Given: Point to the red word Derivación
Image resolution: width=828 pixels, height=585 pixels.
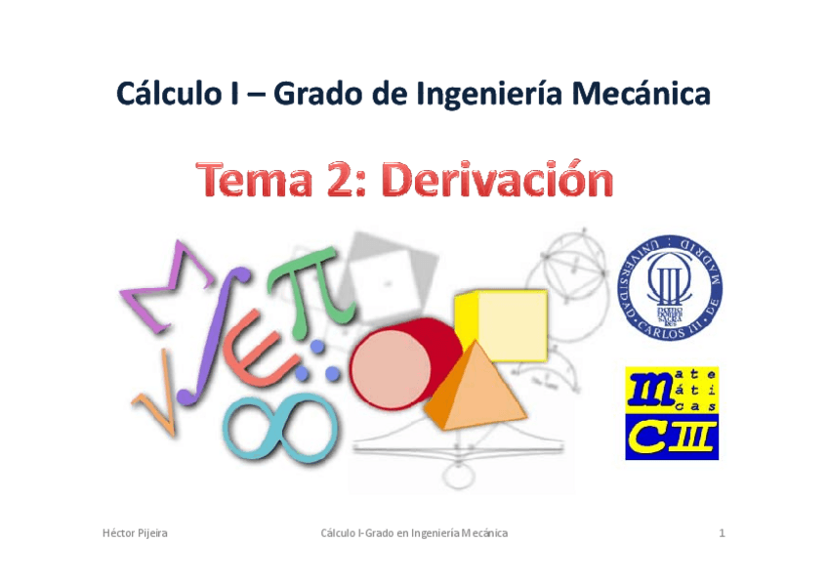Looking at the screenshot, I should [497, 182].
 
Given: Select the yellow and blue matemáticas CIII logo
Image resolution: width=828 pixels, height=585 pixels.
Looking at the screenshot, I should [672, 412].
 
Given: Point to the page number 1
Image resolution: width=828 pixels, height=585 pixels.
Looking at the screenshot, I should [721, 533].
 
